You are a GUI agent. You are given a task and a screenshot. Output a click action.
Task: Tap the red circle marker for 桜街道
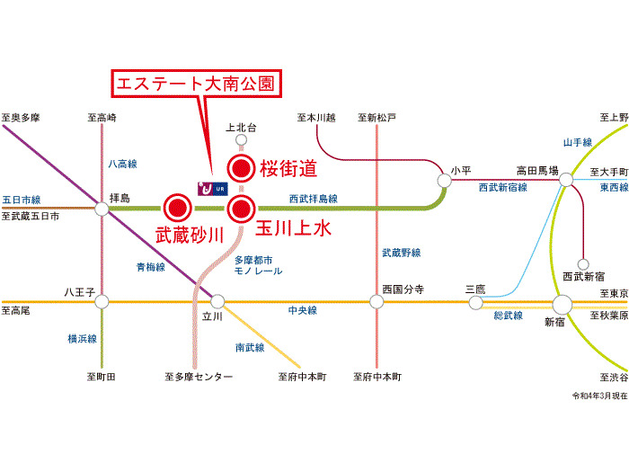241,167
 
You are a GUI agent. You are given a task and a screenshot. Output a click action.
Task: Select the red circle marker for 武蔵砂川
177,209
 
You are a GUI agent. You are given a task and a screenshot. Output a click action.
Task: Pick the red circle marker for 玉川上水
241,209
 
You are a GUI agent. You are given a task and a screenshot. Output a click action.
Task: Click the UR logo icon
213,188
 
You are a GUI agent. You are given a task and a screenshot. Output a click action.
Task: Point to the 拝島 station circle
102,209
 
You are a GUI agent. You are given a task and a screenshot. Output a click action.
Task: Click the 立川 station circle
216,302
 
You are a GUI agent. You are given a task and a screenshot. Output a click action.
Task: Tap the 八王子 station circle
102,302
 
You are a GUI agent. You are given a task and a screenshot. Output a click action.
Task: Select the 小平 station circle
445,181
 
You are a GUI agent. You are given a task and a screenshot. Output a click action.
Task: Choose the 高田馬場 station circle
565,181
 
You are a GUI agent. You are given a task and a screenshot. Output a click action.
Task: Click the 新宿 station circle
563,304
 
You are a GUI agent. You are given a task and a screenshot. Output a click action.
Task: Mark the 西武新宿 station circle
582,263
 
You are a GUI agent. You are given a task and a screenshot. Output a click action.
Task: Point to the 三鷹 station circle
475,302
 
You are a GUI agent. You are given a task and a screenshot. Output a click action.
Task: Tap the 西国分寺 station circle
377,302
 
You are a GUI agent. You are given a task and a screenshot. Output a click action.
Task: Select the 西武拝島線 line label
313,199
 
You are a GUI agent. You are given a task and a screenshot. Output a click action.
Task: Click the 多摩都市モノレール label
258,265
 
